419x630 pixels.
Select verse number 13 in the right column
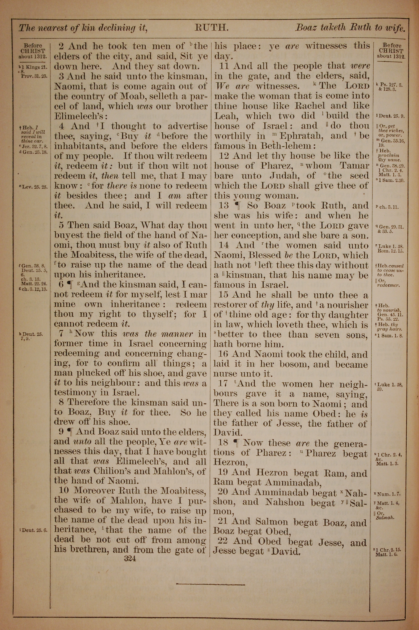tap(224, 206)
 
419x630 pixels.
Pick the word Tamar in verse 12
tap(354, 166)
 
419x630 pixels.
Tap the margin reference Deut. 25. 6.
tap(35, 530)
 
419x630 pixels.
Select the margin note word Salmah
tap(385, 518)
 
